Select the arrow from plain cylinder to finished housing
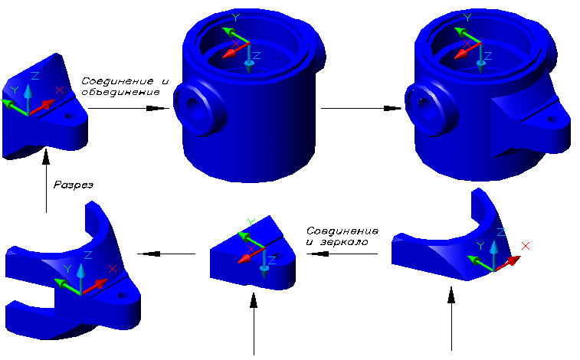360,108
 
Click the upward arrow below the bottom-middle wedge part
254,322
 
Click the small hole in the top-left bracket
70,118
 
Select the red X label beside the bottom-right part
526,245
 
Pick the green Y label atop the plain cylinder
235,16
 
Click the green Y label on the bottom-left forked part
67,269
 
